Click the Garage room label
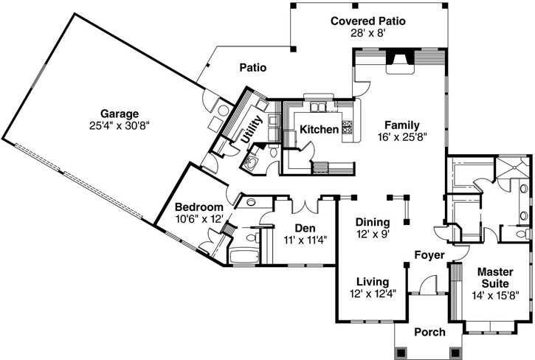tap(120, 114)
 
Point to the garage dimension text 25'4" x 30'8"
tap(120, 126)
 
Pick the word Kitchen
tap(319, 130)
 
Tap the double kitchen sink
tap(319, 108)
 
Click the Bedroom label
tap(199, 207)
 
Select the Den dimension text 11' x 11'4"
tap(306, 239)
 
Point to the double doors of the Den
tap(306, 203)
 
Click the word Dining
tap(373, 221)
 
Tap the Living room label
tap(373, 281)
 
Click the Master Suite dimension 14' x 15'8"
tap(495, 295)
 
